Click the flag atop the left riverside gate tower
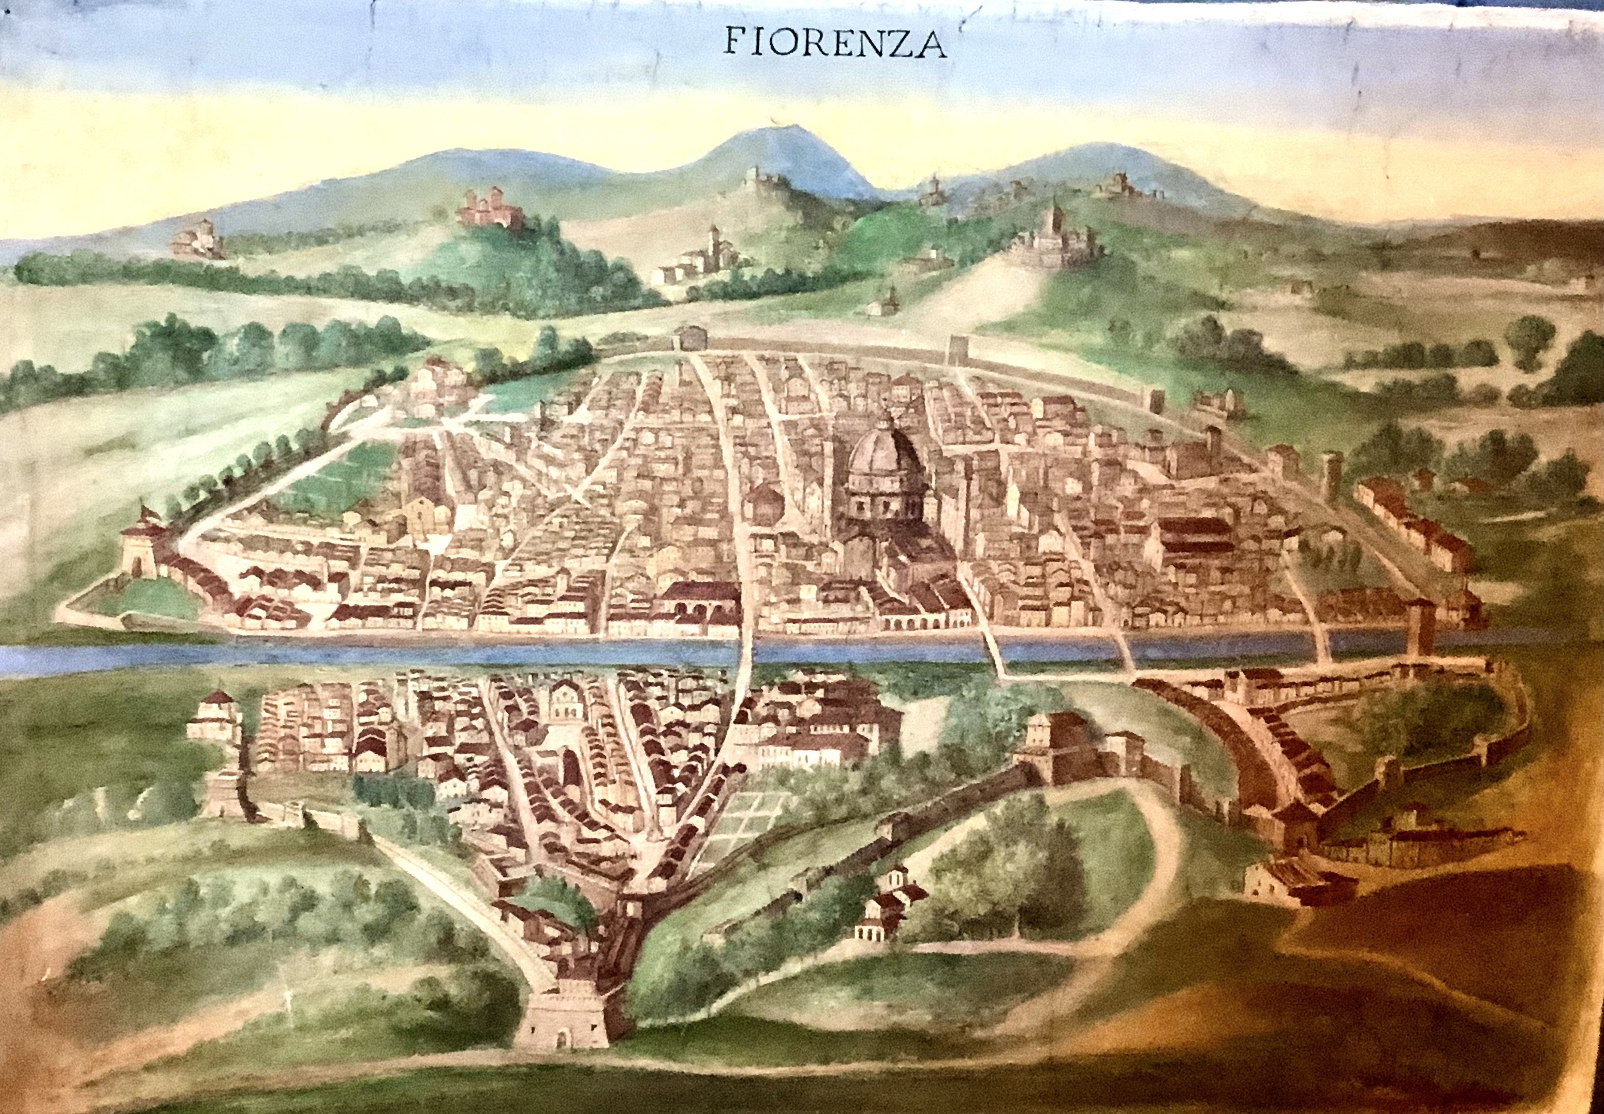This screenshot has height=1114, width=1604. [144, 509]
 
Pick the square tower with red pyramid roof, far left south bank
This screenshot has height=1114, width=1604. [215, 715]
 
